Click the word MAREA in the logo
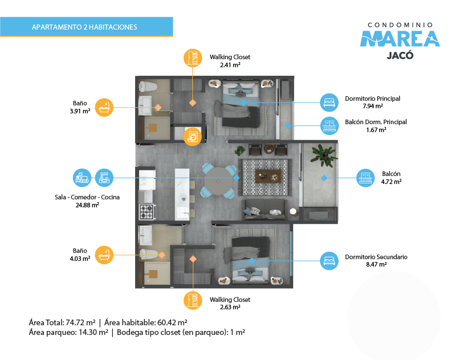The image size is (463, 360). [x=400, y=39]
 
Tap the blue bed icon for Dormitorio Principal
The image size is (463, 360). [x=329, y=103]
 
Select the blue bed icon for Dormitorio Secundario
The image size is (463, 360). [x=329, y=260]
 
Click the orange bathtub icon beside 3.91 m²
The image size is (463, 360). [x=104, y=108]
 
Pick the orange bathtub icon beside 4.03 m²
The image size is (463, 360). [x=104, y=255]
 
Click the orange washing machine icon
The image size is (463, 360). [x=193, y=137]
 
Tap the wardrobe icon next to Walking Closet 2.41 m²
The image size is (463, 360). [x=193, y=58]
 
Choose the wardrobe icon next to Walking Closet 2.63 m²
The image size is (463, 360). [x=193, y=300]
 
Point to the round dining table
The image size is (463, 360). [x=218, y=181]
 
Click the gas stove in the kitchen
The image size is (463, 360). [x=147, y=211]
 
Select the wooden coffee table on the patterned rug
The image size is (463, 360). [x=268, y=176]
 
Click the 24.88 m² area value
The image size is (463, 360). [x=87, y=205]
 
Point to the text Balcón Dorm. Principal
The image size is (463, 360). [x=376, y=122]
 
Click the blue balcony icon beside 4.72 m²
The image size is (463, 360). [x=365, y=178]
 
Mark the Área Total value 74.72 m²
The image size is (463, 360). [x=80, y=322]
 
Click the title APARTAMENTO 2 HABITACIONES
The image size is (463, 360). [x=84, y=27]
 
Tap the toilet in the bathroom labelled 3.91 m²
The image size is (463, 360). [x=148, y=87]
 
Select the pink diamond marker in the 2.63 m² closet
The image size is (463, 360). [x=193, y=259]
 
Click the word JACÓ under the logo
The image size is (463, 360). [x=400, y=55]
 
